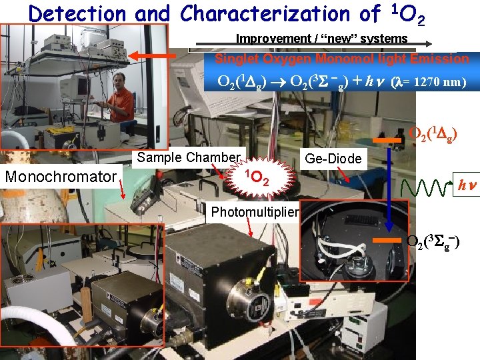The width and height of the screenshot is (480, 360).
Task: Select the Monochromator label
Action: click(61, 177)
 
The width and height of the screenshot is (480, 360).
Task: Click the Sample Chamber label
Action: click(188, 158)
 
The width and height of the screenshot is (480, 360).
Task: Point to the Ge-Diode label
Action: click(333, 159)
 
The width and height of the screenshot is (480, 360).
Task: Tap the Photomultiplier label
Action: click(255, 213)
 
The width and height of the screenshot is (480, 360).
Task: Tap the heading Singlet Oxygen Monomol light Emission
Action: click(341, 59)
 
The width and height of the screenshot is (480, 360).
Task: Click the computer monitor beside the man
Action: click(79, 87)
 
